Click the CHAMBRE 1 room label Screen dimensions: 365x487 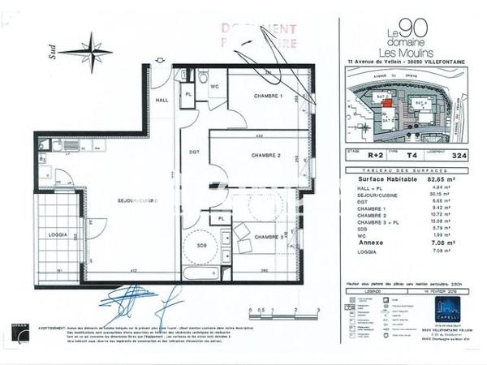(x=269, y=96)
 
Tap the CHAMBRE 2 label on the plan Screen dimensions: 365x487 (x=265, y=155)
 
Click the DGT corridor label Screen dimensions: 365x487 (x=195, y=152)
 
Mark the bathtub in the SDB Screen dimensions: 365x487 (x=200, y=273)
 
